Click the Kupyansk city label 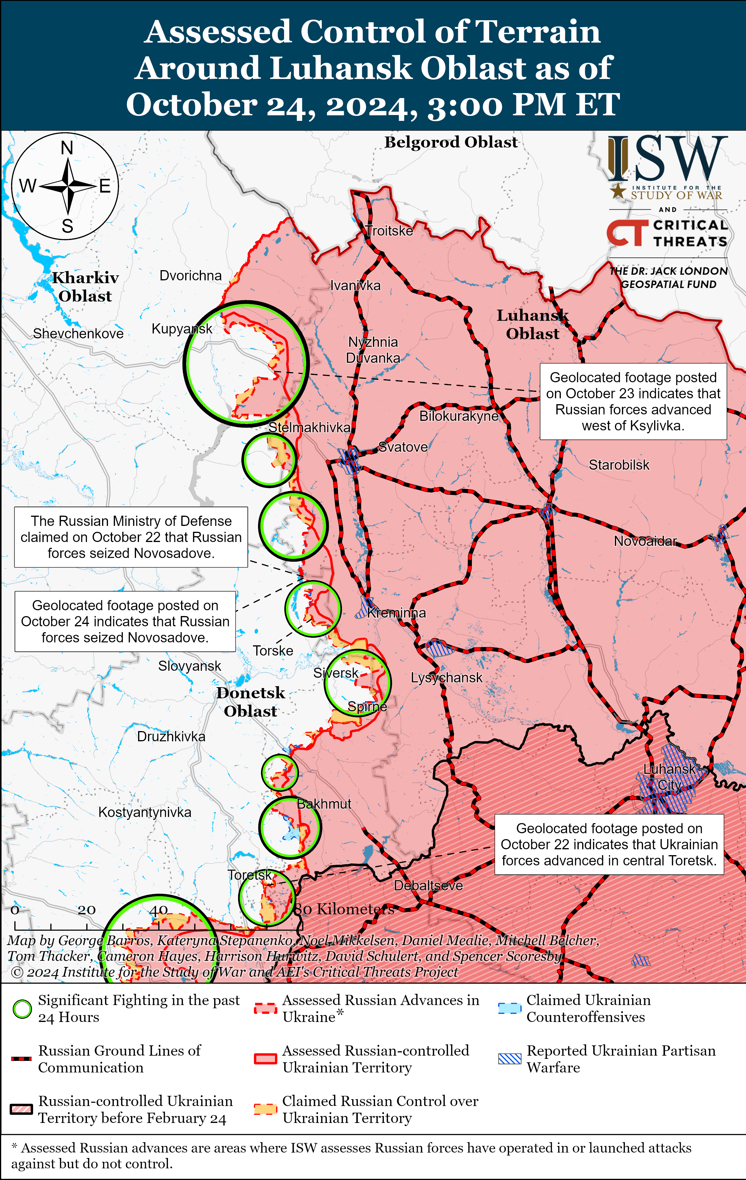point(182,329)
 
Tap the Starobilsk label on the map point(619,465)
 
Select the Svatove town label point(403,447)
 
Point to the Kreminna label point(396,613)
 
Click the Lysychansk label point(446,678)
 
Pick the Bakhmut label point(324,804)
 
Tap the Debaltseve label point(428,886)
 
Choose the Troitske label point(389,231)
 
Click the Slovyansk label point(190,666)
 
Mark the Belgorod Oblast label point(451,142)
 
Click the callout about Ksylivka point(633,401)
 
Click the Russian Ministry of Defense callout point(131,537)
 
